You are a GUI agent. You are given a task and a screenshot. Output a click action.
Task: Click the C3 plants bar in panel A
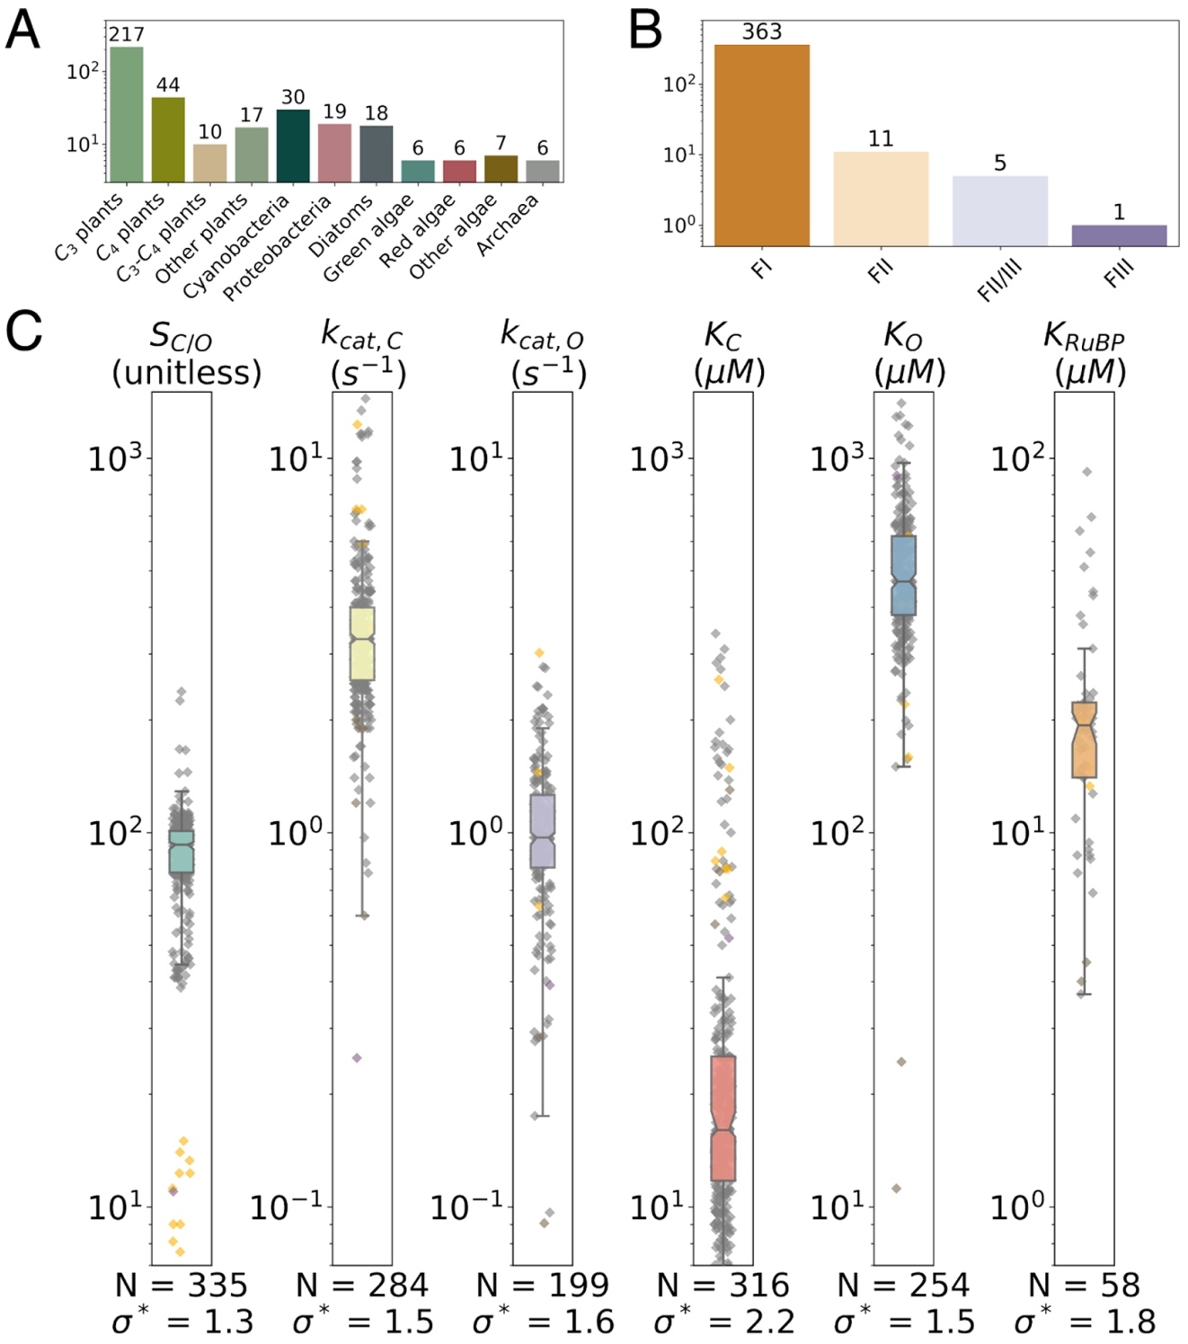point(127,114)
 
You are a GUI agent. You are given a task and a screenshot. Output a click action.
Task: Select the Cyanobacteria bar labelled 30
point(293,146)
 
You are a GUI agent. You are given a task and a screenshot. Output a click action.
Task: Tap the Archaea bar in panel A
point(543,171)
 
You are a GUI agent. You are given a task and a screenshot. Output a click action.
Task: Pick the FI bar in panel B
point(761,145)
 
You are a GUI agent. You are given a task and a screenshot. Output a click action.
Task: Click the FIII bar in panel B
point(1119,235)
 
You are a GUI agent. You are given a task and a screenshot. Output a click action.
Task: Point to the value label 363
point(762,31)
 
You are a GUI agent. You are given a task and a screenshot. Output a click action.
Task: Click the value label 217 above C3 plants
point(127,34)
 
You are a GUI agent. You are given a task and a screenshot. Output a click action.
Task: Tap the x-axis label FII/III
point(1000,279)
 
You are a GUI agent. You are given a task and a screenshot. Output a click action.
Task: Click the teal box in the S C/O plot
point(182,851)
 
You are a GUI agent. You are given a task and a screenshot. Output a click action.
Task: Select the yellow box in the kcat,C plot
point(362,643)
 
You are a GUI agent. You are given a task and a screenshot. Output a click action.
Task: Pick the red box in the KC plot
point(723,1118)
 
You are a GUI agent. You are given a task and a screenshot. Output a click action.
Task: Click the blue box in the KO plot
point(904,575)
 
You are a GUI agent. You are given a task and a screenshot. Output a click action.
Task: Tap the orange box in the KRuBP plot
point(1085,739)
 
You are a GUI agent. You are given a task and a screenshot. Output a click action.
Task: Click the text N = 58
point(1084,1286)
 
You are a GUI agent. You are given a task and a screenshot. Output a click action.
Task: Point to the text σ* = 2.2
point(723,1322)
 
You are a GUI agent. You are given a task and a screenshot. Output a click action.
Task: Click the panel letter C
point(23,331)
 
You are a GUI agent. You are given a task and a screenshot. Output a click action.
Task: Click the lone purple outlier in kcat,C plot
point(357,1057)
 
